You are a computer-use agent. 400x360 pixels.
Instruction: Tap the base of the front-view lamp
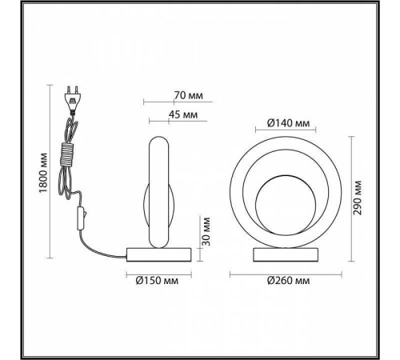point(286,256)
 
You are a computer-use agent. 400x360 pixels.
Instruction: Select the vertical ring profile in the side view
point(159,192)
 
